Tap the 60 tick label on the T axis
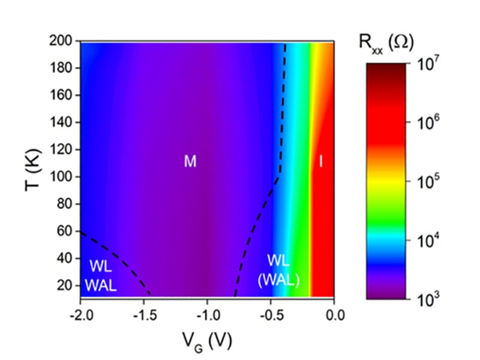(65, 231)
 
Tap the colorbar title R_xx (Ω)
(390, 43)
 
